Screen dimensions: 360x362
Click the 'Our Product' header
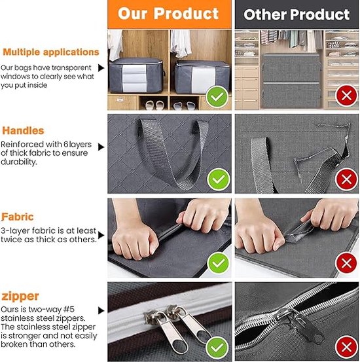[168, 13]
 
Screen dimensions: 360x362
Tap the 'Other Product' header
[297, 14]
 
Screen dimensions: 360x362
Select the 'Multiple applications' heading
[51, 52]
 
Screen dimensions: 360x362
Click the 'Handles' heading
[23, 131]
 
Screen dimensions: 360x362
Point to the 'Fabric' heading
[18, 217]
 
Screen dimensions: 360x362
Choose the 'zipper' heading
[20, 297]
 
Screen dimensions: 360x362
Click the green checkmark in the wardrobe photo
[217, 97]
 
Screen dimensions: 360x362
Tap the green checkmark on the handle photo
[218, 179]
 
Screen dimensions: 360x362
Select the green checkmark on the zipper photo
[217, 348]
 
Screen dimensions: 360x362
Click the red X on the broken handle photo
[346, 179]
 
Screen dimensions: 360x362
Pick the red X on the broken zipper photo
[346, 347]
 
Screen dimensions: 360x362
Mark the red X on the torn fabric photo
[346, 263]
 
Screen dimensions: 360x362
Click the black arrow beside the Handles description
[101, 147]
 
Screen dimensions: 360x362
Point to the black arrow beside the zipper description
[101, 310]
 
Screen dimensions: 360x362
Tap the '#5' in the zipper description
[69, 310]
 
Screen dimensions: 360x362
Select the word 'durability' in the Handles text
[18, 162]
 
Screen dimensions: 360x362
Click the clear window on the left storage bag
[134, 78]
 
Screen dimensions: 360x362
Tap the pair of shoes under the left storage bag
[154, 105]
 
